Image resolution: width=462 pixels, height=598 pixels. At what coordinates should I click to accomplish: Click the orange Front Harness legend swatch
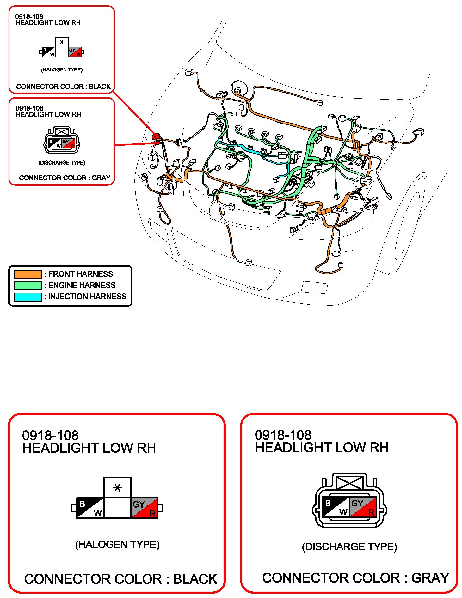click(28, 274)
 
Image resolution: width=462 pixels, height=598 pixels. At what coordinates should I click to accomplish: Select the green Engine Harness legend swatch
click(28, 286)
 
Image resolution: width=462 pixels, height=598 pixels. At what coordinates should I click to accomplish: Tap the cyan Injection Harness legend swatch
click(28, 297)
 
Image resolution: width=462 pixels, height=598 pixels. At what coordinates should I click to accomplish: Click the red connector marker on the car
click(156, 137)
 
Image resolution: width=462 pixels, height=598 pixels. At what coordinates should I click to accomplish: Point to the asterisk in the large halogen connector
click(117, 488)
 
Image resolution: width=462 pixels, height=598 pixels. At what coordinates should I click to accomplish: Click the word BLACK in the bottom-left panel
click(195, 579)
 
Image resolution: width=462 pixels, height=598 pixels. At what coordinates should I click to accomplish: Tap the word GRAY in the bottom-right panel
click(430, 578)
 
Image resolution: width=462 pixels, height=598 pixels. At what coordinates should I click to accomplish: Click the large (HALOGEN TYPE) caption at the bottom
click(117, 544)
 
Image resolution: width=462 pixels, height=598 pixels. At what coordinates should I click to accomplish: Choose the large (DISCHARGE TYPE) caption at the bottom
click(349, 547)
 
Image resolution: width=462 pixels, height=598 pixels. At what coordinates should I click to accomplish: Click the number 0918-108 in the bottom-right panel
click(283, 435)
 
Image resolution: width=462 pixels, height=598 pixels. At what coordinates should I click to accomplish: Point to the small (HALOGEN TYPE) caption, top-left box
click(62, 69)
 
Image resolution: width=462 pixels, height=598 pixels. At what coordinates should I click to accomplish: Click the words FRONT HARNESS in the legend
click(81, 274)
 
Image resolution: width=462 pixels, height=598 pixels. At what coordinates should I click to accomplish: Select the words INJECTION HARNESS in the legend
click(87, 296)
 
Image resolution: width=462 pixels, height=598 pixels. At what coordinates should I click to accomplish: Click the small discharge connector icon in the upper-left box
click(62, 140)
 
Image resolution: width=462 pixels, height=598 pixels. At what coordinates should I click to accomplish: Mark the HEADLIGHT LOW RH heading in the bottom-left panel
click(89, 448)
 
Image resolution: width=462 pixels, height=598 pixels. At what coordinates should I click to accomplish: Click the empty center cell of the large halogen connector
click(117, 508)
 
